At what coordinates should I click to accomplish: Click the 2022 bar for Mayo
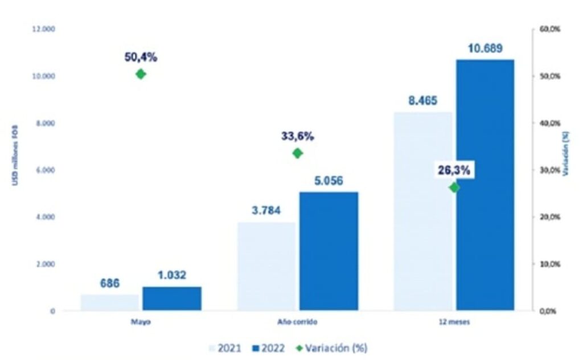172,298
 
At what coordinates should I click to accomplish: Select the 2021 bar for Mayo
110,302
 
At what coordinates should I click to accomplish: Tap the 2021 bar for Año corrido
266,267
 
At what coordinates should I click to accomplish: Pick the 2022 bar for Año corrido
329,251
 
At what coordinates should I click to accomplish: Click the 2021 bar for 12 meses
423,211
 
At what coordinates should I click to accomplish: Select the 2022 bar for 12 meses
485,185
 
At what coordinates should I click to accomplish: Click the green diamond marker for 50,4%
141,74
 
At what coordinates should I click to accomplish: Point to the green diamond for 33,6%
297,153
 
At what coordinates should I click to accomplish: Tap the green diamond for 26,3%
454,187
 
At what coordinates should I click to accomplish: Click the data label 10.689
485,49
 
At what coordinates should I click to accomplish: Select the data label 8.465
422,101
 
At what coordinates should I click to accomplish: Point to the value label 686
110,284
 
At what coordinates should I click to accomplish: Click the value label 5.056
329,182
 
